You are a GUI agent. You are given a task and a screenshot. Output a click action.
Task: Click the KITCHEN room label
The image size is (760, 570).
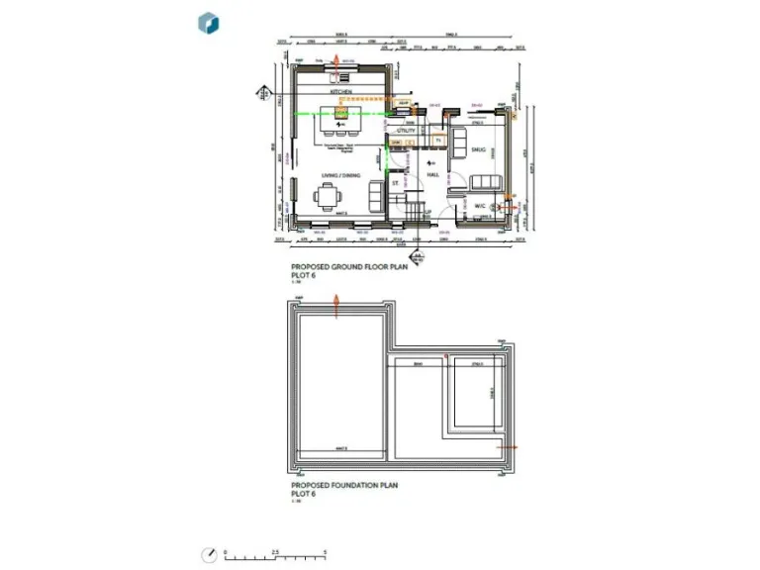pos(341,91)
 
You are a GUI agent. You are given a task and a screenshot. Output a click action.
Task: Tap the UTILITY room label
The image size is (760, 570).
pos(406,130)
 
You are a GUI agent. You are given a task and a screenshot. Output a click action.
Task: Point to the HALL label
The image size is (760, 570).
pos(432,175)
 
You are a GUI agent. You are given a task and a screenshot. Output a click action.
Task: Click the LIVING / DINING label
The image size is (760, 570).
pos(339,175)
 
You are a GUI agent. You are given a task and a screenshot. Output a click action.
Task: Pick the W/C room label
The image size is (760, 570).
pos(480,206)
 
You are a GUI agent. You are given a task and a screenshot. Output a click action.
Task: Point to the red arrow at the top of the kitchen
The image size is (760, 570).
pos(336,62)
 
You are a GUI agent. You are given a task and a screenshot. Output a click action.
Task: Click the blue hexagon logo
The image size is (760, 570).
pos(209,24)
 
